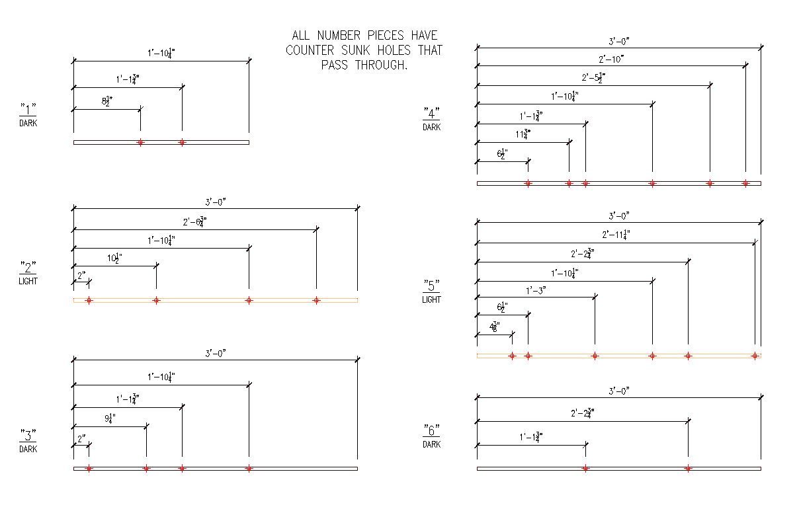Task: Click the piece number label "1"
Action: pos(28,107)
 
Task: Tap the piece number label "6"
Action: pos(431,429)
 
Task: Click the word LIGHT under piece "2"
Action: pos(28,281)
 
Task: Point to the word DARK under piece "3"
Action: pos(28,449)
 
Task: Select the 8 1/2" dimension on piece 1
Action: pos(107,102)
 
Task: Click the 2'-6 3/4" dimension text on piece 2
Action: pos(194,222)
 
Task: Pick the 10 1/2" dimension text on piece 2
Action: pos(114,258)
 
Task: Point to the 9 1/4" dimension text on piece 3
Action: pos(110,418)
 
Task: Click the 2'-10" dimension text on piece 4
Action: pos(611,59)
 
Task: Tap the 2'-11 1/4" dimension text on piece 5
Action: pos(616,234)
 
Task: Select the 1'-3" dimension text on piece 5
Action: pos(536,290)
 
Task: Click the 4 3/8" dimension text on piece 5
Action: pos(494,327)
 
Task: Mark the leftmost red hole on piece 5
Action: pos(512,356)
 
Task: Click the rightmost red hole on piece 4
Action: pos(745,183)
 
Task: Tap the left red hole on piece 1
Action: pos(140,142)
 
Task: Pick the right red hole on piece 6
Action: pos(688,469)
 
